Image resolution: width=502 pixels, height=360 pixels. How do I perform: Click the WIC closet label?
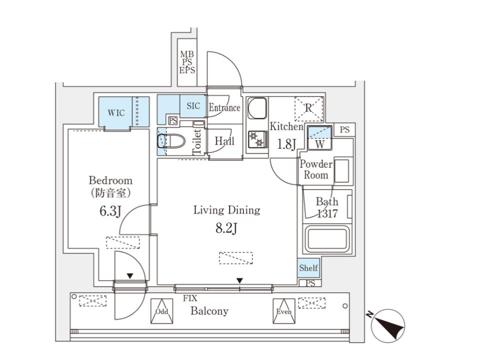pyautogui.click(x=116, y=113)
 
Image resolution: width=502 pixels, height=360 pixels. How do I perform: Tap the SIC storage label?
pyautogui.click(x=193, y=105)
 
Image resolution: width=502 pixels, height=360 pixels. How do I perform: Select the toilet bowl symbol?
pyautogui.click(x=172, y=141)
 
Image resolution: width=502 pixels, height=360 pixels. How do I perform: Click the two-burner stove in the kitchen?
pyautogui.click(x=258, y=139)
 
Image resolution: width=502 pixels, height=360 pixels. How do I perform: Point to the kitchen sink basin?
pyautogui.click(x=257, y=108)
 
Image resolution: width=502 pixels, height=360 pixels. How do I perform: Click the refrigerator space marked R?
pyautogui.click(x=309, y=108)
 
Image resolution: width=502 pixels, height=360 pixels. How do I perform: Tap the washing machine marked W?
pyautogui.click(x=320, y=138)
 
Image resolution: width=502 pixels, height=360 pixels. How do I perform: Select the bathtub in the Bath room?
pyautogui.click(x=326, y=239)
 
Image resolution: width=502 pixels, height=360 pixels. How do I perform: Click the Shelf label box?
pyautogui.click(x=308, y=268)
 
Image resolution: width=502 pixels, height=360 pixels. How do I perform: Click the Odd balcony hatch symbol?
pyautogui.click(x=162, y=311)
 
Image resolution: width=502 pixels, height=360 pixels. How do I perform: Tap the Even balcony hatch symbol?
pyautogui.click(x=284, y=311)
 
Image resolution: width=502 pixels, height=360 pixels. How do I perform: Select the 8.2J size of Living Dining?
pyautogui.click(x=226, y=228)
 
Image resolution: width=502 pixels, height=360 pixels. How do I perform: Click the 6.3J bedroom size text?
pyautogui.click(x=110, y=211)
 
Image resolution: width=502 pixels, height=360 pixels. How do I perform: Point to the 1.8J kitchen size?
pyautogui.click(x=286, y=144)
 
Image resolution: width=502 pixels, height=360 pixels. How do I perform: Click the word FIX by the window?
pyautogui.click(x=190, y=298)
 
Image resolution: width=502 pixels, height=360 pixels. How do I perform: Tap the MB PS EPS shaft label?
pyautogui.click(x=187, y=62)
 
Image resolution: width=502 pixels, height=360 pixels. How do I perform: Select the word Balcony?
pyautogui.click(x=209, y=311)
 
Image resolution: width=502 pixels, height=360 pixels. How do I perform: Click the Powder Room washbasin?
pyautogui.click(x=342, y=171)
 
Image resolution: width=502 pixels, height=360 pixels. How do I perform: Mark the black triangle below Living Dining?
pyautogui.click(x=239, y=281)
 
